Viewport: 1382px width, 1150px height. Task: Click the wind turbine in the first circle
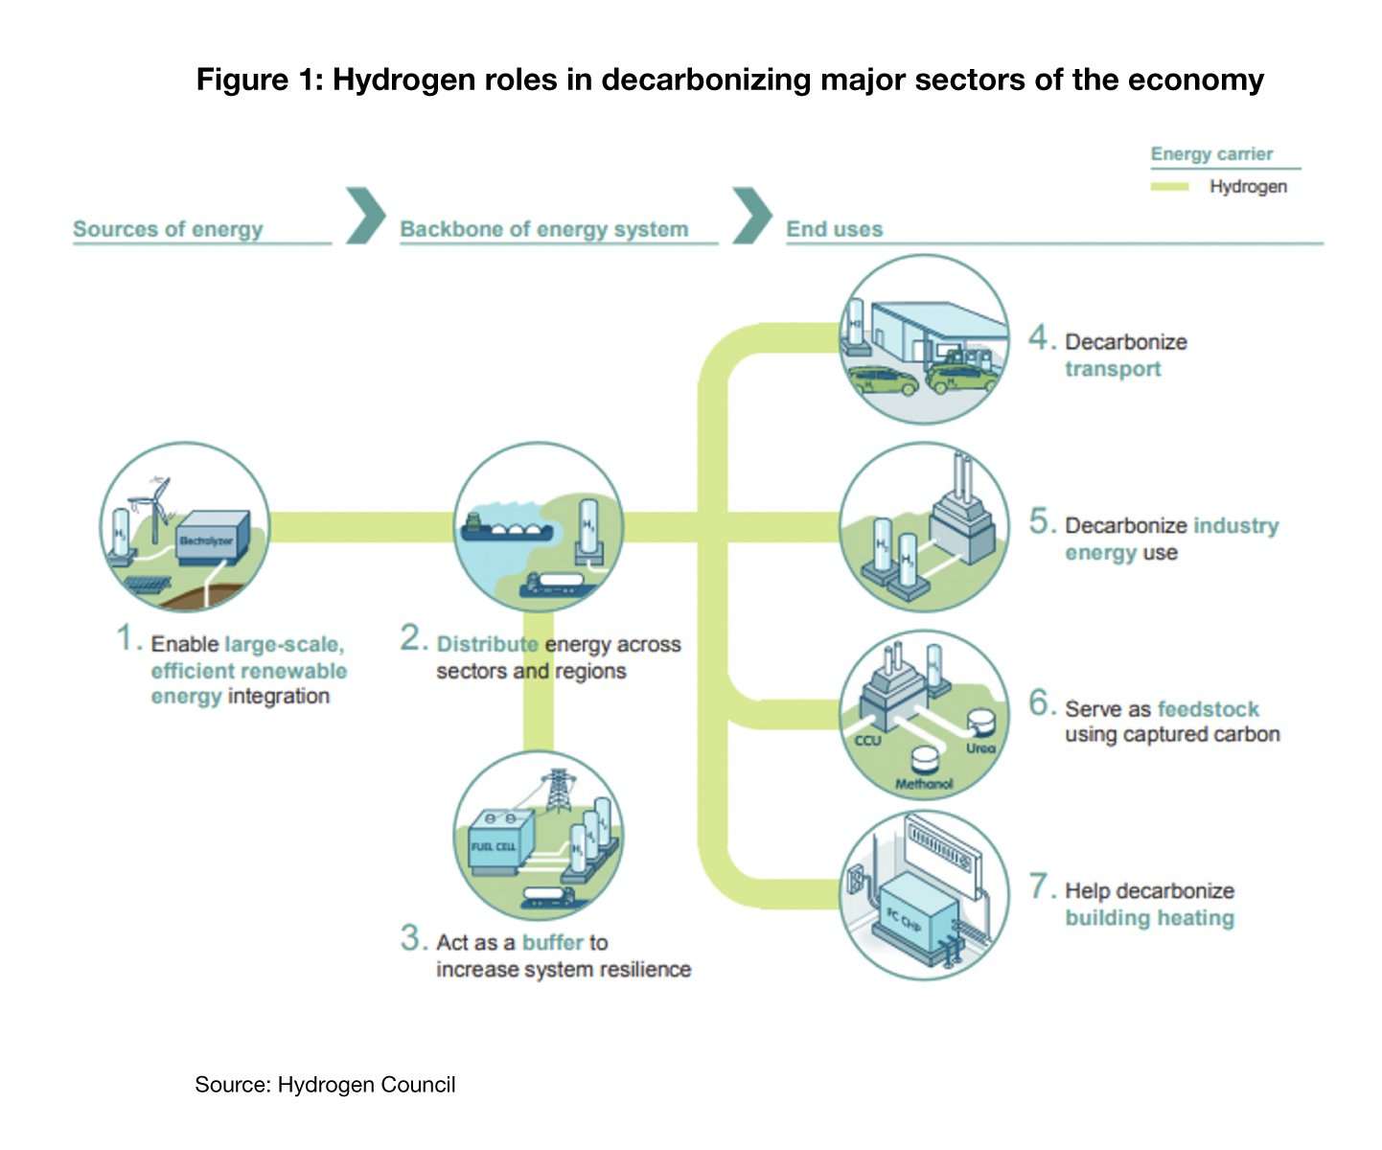[155, 503]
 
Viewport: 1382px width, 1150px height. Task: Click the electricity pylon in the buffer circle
[556, 791]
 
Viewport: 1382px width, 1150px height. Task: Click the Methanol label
[924, 784]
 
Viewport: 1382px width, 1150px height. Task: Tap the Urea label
[980, 747]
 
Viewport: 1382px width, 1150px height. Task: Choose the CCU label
[867, 740]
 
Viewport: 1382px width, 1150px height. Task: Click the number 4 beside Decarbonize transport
[1041, 337]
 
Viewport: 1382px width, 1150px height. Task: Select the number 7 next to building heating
[1041, 886]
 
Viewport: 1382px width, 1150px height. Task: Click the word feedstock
[1208, 709]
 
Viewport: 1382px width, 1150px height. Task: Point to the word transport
[1113, 369]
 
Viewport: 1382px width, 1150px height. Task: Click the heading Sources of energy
[168, 229]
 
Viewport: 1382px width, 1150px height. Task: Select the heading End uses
[834, 229]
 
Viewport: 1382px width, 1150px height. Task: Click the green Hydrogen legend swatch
[1169, 187]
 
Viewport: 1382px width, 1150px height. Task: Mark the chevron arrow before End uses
[752, 216]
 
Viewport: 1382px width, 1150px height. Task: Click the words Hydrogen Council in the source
[366, 1085]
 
